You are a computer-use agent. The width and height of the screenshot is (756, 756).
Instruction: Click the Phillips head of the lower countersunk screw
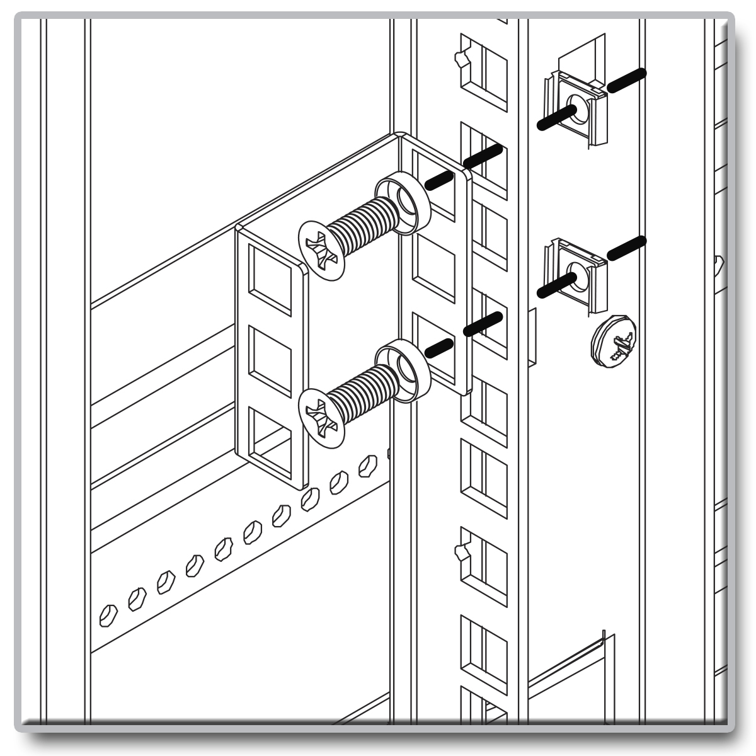pyautogui.click(x=322, y=418)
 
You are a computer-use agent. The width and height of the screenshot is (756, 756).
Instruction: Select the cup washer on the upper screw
pyautogui.click(x=403, y=202)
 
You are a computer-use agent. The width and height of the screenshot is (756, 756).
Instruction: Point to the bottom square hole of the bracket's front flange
pyautogui.click(x=270, y=441)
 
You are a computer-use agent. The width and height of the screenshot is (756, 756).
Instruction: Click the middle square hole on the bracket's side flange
pyautogui.click(x=433, y=267)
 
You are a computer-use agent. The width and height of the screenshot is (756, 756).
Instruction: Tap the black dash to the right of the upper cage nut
pyautogui.click(x=626, y=80)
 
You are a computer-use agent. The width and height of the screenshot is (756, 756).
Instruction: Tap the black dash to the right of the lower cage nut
pyautogui.click(x=626, y=248)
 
